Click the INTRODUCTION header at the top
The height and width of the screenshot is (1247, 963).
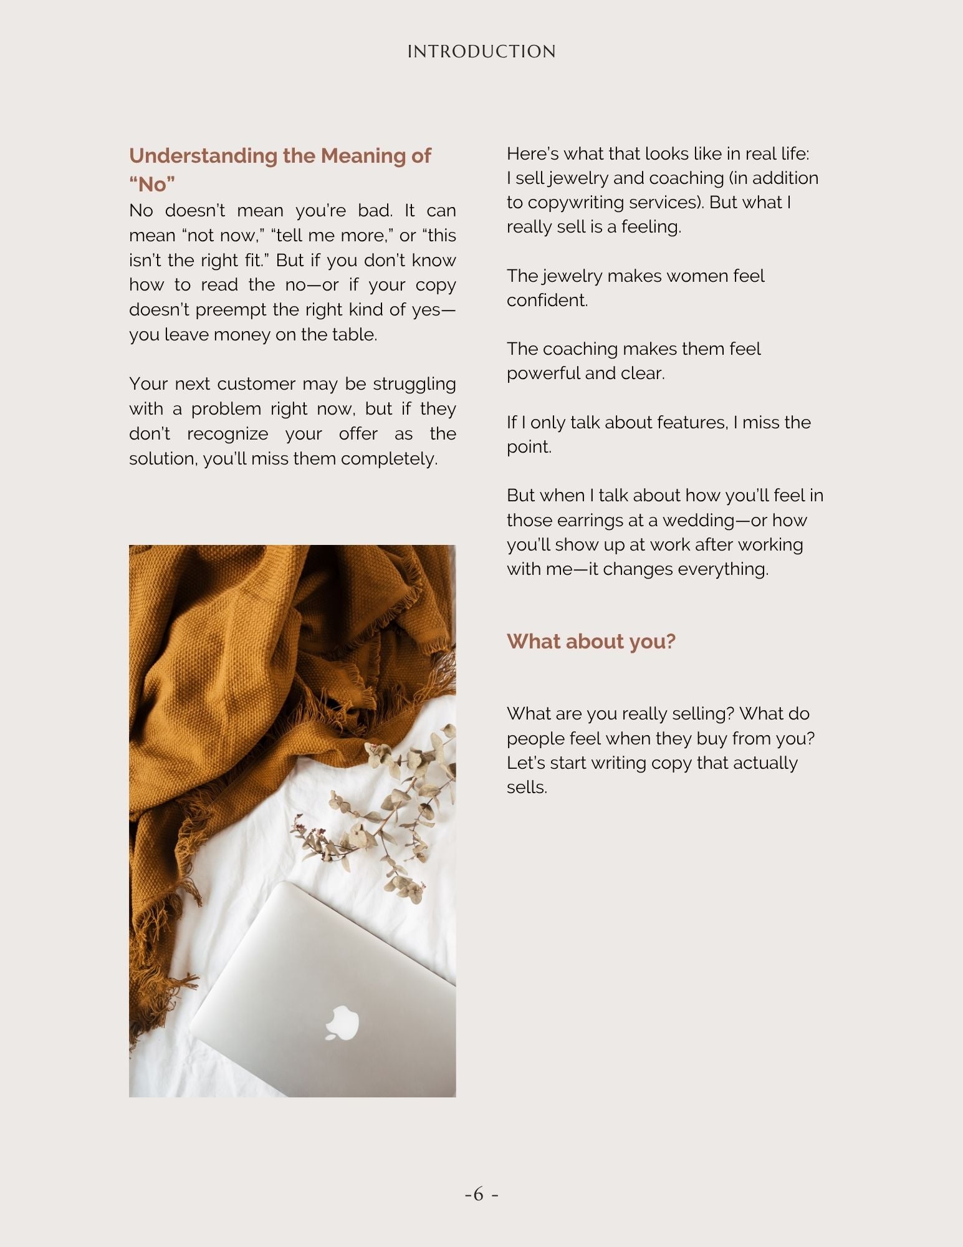[481, 52]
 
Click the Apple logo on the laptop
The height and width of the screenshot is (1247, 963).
[342, 1023]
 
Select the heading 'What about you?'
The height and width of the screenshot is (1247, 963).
[591, 642]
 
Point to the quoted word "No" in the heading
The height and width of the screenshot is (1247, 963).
[152, 185]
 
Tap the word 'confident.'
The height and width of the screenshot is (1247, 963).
[547, 301]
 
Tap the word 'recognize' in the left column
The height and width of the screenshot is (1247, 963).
[228, 434]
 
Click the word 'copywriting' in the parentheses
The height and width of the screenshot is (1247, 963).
[575, 203]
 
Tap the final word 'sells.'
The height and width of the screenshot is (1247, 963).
[527, 787]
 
